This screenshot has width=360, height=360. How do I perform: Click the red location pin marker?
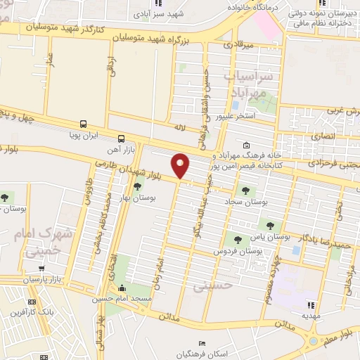(181, 166)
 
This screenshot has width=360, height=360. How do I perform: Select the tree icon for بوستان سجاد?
(245, 190)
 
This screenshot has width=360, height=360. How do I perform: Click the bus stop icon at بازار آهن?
(122, 139)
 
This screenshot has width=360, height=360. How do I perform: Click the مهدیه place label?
(311, 316)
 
